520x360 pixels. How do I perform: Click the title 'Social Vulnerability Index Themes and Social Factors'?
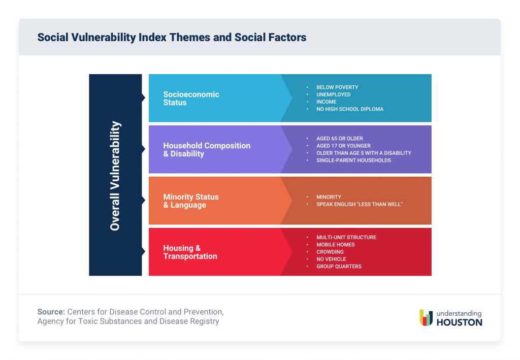coord(172,38)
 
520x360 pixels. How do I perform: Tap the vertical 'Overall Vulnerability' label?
coord(115,175)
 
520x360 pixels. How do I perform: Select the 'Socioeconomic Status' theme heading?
coord(191,99)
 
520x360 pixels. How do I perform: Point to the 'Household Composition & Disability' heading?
coord(207,150)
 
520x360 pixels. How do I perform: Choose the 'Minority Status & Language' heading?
coord(191,201)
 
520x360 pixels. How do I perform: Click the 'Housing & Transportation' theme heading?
coord(190,252)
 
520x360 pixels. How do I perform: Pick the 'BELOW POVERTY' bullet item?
coord(337,87)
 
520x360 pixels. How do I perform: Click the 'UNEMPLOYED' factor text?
coord(333,94)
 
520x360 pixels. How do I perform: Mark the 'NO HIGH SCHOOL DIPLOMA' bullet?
coord(350,109)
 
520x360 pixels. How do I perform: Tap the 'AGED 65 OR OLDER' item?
coord(340,139)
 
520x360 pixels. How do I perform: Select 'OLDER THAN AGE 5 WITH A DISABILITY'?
coord(364,153)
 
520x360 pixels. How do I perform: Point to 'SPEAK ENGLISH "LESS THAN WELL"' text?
coord(359,204)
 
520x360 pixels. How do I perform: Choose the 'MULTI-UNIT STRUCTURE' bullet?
coord(346,237)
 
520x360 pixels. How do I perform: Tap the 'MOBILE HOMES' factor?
coord(335,245)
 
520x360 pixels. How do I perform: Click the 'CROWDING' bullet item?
coord(330,252)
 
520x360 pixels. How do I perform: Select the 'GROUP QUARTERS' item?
coord(339,267)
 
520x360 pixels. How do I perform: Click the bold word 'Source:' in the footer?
coord(51,311)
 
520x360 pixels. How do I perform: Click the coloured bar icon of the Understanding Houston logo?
coord(426,317)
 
